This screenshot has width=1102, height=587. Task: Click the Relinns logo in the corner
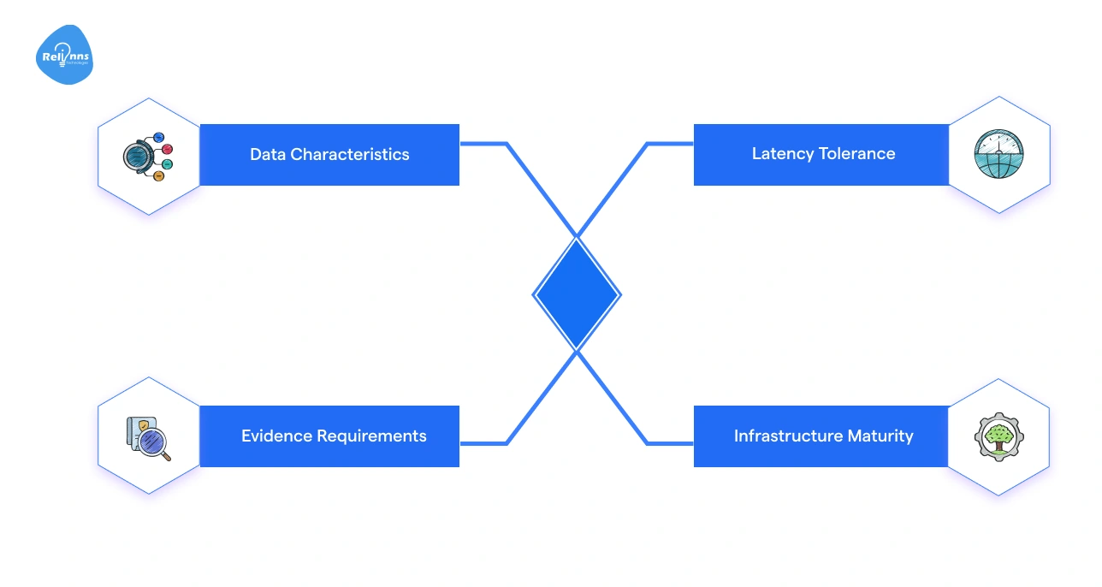64,56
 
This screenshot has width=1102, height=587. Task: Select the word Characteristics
350,155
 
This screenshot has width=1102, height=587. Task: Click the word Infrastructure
788,436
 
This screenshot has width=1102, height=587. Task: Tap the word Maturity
880,436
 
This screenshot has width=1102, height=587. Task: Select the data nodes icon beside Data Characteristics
148,156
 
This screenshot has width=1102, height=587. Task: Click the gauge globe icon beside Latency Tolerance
998,154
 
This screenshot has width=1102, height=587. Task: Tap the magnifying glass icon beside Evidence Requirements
148,437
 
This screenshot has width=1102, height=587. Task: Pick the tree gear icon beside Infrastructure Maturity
998,436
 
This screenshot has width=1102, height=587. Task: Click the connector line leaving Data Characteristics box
483,144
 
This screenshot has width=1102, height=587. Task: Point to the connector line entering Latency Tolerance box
670,144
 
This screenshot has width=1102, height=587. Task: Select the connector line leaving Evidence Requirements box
483,443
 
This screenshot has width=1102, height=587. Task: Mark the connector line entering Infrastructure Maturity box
670,443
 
